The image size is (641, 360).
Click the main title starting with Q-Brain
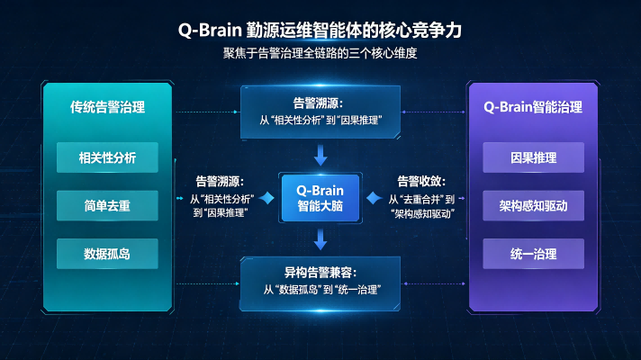click(x=320, y=31)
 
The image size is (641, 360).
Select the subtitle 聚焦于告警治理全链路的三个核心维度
click(x=320, y=53)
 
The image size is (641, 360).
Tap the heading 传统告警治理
click(x=107, y=107)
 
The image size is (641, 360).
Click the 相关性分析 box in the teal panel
click(x=107, y=157)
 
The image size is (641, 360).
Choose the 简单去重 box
click(x=107, y=205)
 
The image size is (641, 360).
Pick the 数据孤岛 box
click(x=107, y=254)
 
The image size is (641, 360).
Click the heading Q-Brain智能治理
click(x=533, y=107)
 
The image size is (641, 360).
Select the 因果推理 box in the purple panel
click(x=534, y=157)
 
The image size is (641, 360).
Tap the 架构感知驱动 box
click(x=534, y=205)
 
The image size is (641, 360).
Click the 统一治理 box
click(x=534, y=254)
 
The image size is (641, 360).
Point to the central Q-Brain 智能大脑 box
click(x=320, y=198)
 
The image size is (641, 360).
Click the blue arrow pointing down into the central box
click(x=320, y=155)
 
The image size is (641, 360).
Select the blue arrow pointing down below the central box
click(x=320, y=239)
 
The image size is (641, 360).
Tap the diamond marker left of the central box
click(x=266, y=198)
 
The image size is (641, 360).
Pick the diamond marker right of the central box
click(x=374, y=198)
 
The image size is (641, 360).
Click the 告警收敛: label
click(x=421, y=181)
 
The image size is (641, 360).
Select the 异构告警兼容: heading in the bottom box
click(x=320, y=273)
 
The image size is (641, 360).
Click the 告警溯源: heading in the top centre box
click(x=318, y=103)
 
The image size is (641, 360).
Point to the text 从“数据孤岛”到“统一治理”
click(x=322, y=290)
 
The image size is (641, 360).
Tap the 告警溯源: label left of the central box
click(x=220, y=181)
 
